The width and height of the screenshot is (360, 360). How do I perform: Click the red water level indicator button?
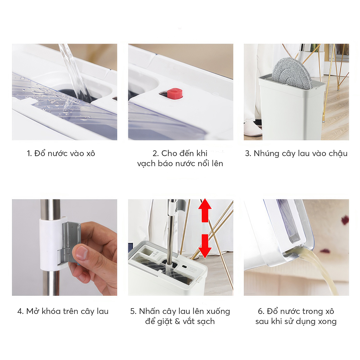(x=175, y=94)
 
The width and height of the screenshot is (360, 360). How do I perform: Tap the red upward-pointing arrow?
(x=205, y=210)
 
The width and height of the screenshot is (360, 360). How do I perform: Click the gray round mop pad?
(x=292, y=73)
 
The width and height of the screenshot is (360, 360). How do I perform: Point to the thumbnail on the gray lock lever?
(x=81, y=252)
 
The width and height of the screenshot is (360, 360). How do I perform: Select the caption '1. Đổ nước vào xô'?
(x=61, y=153)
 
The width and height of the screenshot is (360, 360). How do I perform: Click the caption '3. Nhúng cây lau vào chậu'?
(x=296, y=153)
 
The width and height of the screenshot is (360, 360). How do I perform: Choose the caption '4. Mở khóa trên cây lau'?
(x=63, y=311)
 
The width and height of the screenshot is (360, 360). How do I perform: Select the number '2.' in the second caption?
(x=156, y=153)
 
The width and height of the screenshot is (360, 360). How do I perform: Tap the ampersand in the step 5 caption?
(x=177, y=321)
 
